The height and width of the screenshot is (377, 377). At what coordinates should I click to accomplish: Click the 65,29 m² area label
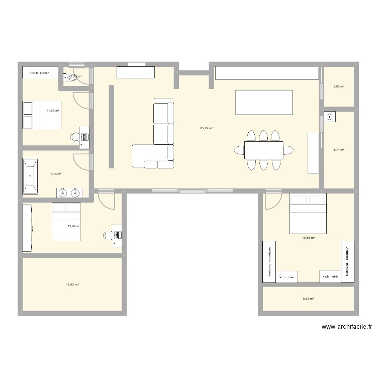tap(206, 128)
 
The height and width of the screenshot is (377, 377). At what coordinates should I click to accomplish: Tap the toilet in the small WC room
tap(68, 77)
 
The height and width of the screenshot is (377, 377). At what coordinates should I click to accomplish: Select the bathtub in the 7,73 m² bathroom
tap(31, 176)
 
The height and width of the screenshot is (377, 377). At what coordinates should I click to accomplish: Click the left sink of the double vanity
tap(63, 192)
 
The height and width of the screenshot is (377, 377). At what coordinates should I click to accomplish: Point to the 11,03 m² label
tap(53, 111)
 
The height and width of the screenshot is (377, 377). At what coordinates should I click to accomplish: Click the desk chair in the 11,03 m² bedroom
tap(75, 136)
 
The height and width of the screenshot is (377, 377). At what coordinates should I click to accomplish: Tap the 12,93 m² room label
tap(72, 285)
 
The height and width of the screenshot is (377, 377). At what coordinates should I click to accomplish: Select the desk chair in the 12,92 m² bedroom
tap(108, 234)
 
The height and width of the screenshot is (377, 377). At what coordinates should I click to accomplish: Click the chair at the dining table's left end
tap(238, 149)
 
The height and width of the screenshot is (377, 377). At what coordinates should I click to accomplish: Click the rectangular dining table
tap(263, 149)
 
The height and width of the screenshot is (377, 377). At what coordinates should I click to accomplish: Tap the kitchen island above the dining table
tap(264, 102)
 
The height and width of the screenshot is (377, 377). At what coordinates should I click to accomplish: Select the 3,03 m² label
tap(339, 86)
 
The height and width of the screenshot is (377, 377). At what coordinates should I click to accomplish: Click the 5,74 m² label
tap(339, 150)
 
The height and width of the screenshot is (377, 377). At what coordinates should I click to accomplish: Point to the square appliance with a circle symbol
tap(330, 117)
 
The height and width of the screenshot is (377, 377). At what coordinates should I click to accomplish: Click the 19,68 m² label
tap(308, 238)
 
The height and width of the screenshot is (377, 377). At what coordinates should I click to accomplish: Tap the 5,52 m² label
tap(308, 299)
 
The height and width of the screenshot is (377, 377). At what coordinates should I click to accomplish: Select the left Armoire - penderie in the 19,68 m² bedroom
tap(269, 261)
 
